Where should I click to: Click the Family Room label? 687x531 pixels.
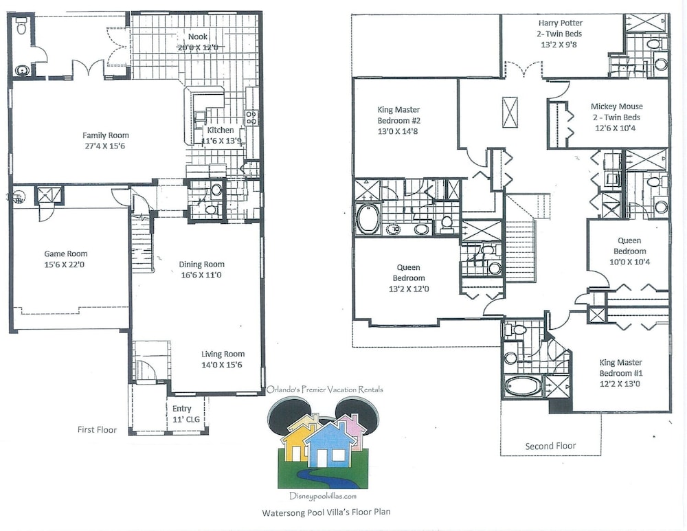coord(106,135)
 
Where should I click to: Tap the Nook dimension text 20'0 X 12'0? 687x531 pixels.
coord(198,47)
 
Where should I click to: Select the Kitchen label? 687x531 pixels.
coord(221,130)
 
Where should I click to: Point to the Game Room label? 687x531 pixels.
coord(66,253)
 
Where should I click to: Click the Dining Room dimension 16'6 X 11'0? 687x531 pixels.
coord(201,275)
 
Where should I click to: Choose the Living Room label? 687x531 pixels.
coord(223,354)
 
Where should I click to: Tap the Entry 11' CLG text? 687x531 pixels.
coord(185,414)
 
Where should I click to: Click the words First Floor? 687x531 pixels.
coord(98,430)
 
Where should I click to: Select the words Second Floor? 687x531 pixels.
coord(551,446)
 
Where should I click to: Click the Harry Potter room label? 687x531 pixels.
coord(561,23)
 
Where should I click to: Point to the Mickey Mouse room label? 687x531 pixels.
coord(616,106)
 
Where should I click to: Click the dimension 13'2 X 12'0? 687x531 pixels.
coord(409,289)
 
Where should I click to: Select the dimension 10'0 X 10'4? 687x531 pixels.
coord(629,262)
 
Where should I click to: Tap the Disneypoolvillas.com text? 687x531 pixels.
coord(323,496)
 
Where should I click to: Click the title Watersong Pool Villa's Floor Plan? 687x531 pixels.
coord(326,512)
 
